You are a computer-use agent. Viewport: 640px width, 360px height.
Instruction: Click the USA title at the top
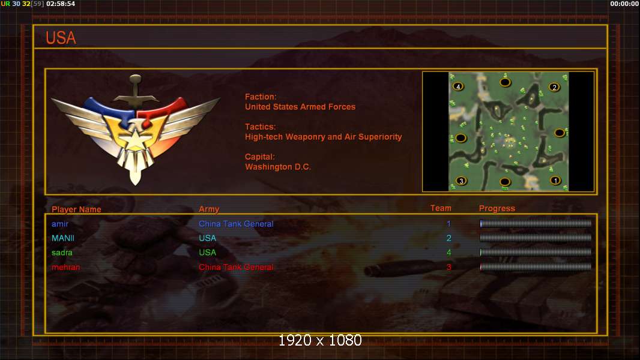[x=61, y=38]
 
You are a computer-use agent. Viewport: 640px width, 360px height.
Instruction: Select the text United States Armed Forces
[x=300, y=107]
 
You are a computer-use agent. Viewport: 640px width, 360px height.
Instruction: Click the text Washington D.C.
[x=278, y=167]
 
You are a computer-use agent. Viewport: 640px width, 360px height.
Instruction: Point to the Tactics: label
[x=261, y=127]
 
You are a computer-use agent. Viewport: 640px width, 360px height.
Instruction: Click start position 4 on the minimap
[x=458, y=86]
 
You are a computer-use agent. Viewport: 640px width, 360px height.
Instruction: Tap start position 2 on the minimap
[x=554, y=87]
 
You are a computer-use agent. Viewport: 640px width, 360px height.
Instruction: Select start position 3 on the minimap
[x=461, y=181]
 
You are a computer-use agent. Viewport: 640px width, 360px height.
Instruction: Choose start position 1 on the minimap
[x=555, y=180]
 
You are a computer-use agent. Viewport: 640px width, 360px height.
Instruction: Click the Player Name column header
[x=76, y=209]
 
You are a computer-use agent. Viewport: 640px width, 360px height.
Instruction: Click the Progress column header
[x=497, y=208]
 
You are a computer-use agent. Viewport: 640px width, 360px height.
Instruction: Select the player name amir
[x=60, y=224]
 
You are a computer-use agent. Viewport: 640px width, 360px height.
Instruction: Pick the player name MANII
[x=63, y=238]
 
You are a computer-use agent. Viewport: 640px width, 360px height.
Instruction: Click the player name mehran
[x=65, y=267]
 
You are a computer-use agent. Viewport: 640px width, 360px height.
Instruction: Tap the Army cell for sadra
[x=207, y=253]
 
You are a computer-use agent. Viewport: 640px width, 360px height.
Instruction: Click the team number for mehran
[x=448, y=267]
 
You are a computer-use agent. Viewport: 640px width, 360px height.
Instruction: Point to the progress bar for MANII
[x=536, y=238]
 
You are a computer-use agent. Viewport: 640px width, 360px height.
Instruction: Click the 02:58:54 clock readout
[x=61, y=4]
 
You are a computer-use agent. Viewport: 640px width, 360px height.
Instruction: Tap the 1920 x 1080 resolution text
[x=320, y=340]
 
